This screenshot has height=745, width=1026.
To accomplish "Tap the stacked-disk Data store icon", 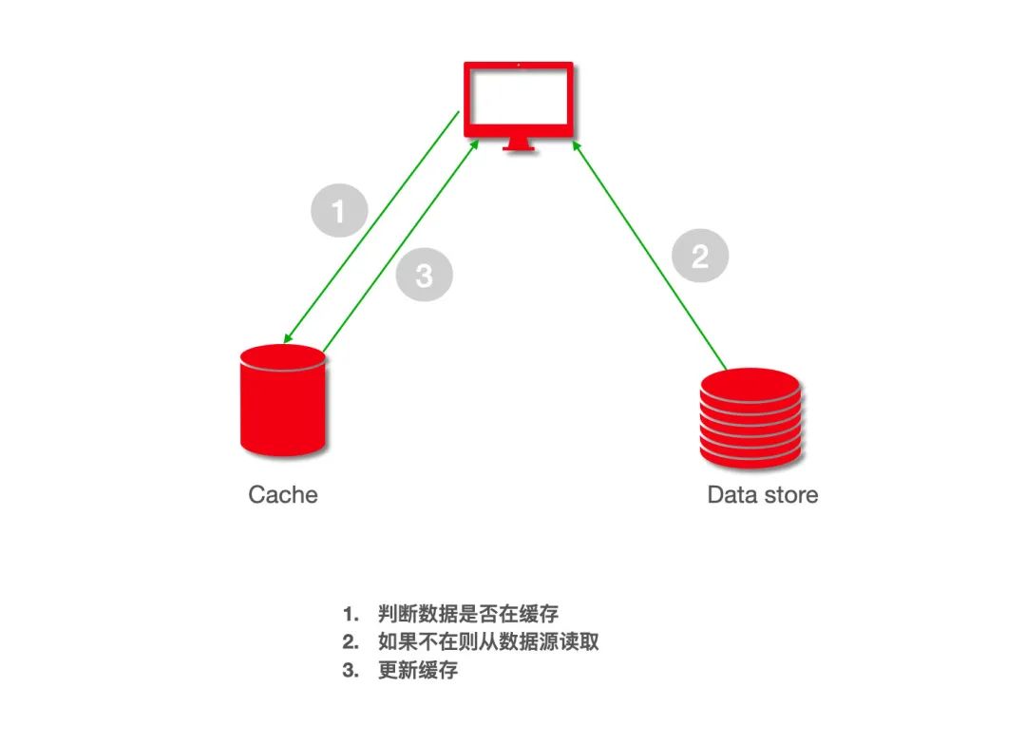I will click(750, 418).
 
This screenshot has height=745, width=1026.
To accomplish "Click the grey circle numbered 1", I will click(339, 209).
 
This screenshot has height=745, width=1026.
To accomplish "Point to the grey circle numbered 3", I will click(424, 276).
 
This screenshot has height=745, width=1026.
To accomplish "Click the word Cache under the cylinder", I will click(282, 495).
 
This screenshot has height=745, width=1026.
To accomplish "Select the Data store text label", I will click(762, 495).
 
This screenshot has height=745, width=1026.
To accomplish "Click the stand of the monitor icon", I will click(519, 144).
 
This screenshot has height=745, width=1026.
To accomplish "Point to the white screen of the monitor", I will click(518, 98).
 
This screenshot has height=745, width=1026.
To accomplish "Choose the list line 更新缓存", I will click(418, 670).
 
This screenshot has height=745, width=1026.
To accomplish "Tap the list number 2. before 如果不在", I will click(351, 641).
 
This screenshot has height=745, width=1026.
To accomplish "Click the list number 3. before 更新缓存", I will click(351, 670).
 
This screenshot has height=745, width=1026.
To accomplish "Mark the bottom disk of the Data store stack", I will click(750, 454).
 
